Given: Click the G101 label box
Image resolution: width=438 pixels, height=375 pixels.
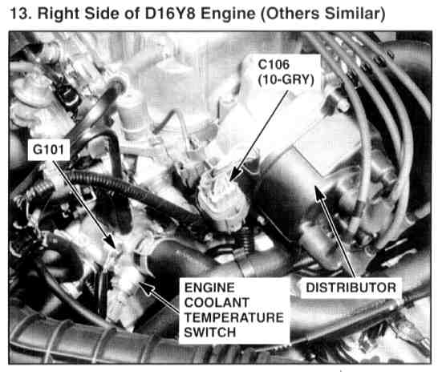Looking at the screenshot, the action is [x=49, y=150].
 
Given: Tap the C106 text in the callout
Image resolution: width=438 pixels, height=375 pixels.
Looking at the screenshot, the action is [x=274, y=65].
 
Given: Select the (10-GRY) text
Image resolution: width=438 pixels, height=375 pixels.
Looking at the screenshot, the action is [x=286, y=80].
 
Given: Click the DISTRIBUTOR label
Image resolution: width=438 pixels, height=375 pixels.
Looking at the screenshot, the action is [x=351, y=288].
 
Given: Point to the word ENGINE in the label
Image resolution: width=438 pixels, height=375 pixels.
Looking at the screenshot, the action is [x=209, y=288].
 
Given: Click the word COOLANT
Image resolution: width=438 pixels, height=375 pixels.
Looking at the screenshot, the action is [x=217, y=303].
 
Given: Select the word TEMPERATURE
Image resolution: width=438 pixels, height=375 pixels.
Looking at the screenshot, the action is [x=234, y=317].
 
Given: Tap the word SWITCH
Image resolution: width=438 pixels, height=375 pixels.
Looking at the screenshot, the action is [x=210, y=333].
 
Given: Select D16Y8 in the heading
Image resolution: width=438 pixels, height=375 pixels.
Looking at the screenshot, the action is [x=170, y=14].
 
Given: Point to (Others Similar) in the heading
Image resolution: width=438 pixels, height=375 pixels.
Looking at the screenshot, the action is [x=323, y=14].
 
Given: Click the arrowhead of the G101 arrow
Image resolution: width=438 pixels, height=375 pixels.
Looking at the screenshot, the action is [x=112, y=242].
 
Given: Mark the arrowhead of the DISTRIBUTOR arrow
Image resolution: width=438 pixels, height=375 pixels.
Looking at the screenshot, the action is [x=319, y=192].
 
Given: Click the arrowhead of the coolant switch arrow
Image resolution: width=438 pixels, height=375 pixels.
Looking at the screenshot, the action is [x=145, y=287].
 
